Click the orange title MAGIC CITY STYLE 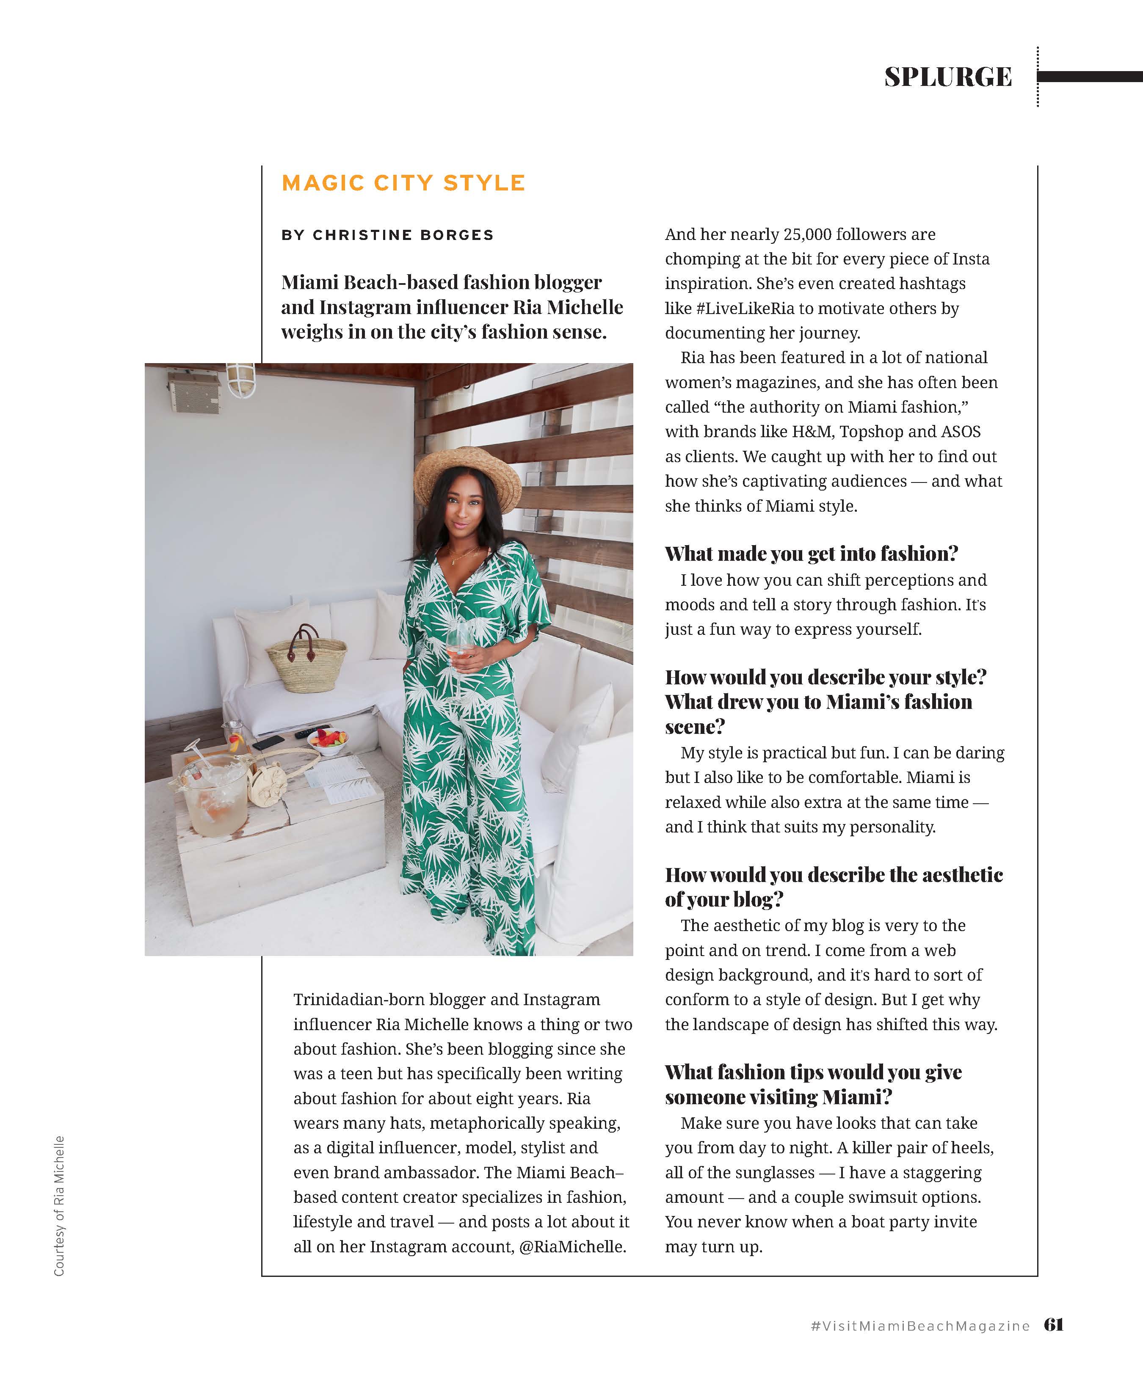tap(403, 183)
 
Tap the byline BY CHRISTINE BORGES tap(387, 235)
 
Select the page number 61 tap(1054, 1324)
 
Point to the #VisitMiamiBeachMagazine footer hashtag tap(920, 1326)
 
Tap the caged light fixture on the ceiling tap(241, 380)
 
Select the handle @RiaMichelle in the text tap(571, 1246)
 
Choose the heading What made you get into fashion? tap(811, 554)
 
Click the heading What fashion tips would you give tap(813, 1072)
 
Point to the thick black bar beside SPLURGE tap(1089, 77)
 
